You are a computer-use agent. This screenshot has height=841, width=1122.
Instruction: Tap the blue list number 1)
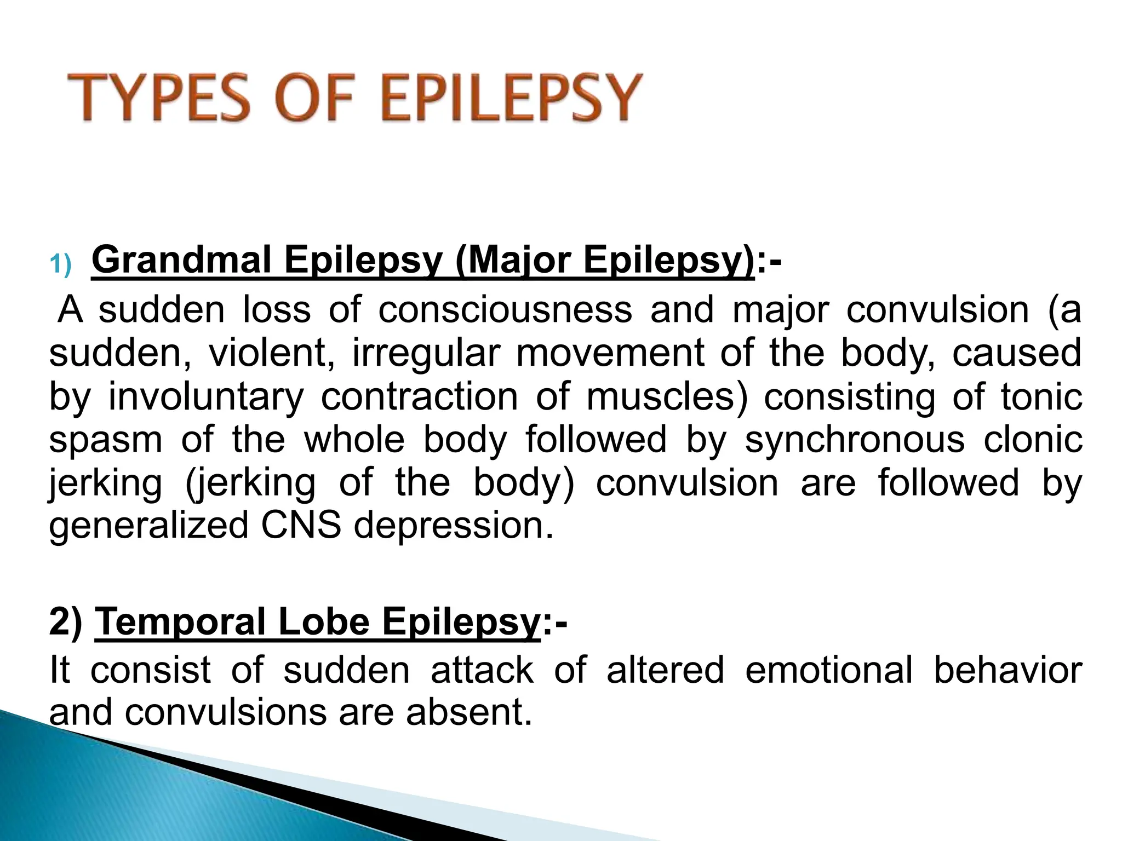pyautogui.click(x=60, y=265)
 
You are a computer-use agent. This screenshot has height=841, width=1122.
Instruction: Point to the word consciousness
pyautogui.click(x=505, y=310)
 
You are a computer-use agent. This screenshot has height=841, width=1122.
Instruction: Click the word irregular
pyautogui.click(x=426, y=353)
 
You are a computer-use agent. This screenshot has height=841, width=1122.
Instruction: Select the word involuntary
pyautogui.click(x=205, y=397)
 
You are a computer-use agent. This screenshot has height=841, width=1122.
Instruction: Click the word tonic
pyautogui.click(x=1041, y=397)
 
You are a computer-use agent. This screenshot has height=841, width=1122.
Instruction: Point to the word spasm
pyautogui.click(x=105, y=440)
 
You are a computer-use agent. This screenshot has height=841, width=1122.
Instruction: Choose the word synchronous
pyautogui.click(x=854, y=440)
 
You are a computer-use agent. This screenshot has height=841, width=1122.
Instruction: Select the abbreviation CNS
pyautogui.click(x=300, y=526)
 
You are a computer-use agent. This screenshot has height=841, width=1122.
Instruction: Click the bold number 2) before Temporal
pyautogui.click(x=66, y=622)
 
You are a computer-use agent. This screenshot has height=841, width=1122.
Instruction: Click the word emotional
pyautogui.click(x=828, y=670)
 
